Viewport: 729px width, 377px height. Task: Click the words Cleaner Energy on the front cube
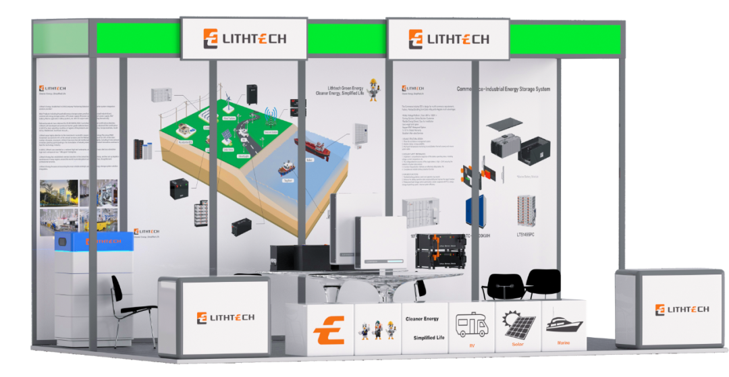click(x=422, y=318)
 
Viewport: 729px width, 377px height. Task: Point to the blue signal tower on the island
click(x=271, y=119)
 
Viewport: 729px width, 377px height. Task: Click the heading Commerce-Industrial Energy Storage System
click(x=504, y=89)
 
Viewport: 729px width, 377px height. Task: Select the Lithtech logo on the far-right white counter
click(x=681, y=310)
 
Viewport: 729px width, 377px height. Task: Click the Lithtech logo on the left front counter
click(x=225, y=317)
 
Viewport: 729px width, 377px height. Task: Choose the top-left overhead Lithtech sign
click(x=244, y=38)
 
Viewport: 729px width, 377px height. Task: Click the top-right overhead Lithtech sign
click(x=448, y=38)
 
